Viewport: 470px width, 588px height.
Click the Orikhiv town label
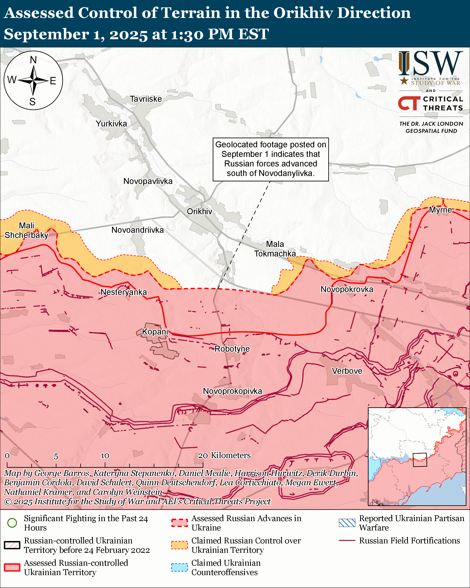click(199, 211)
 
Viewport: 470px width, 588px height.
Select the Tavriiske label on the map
click(145, 99)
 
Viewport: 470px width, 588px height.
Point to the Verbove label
click(347, 371)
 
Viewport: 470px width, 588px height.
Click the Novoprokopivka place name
click(232, 391)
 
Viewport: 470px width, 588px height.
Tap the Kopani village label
click(155, 332)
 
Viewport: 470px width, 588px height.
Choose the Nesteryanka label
click(123, 292)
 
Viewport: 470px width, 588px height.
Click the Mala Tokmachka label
click(275, 249)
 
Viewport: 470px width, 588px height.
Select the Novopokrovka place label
click(347, 289)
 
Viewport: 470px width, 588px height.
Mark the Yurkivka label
click(111, 123)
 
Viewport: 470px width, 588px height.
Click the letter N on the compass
click(33, 60)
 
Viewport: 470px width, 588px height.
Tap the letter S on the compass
click(32, 102)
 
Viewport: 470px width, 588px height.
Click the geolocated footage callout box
click(271, 159)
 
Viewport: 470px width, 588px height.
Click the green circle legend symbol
click(12, 523)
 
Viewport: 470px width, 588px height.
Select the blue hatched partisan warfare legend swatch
click(347, 523)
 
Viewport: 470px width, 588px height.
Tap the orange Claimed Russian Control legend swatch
click(179, 545)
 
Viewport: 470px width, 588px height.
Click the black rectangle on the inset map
click(420, 460)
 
